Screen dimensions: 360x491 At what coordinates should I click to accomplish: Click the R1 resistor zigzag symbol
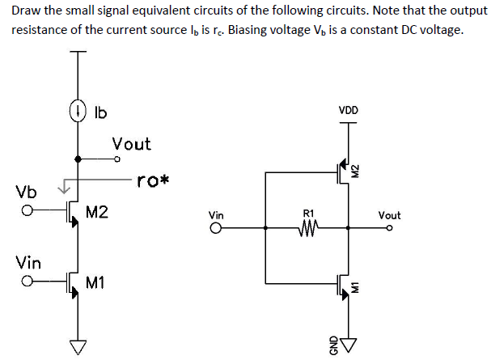pyautogui.click(x=308, y=228)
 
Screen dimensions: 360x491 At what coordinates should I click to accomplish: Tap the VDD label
pyautogui.click(x=349, y=110)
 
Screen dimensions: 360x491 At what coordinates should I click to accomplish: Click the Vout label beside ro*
pyautogui.click(x=131, y=144)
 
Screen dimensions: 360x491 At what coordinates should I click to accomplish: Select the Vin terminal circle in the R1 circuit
pyautogui.click(x=217, y=229)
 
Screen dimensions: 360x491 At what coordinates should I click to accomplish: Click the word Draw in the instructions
pyautogui.click(x=27, y=11)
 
